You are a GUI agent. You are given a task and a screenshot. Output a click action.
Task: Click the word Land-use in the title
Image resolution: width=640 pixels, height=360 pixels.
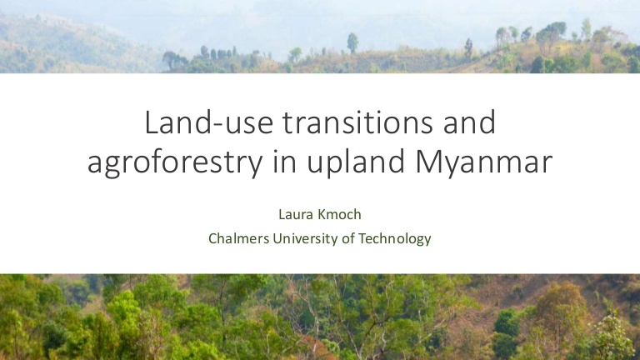coord(209,122)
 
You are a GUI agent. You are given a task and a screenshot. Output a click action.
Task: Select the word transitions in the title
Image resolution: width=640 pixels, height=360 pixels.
coord(357,122)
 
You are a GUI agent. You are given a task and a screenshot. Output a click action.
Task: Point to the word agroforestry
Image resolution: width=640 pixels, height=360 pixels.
coord(175,162)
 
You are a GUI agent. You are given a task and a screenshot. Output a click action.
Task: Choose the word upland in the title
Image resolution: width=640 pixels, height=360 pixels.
coord(356,162)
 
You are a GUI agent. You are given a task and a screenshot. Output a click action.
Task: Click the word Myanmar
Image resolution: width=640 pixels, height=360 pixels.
coord(484,162)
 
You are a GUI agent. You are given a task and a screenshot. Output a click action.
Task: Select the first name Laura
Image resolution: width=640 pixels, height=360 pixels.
coord(291,214)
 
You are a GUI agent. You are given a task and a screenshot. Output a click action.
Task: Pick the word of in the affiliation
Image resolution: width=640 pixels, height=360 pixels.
coord(348,238)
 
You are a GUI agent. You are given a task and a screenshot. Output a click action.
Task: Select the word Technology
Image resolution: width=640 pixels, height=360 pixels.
coord(394,239)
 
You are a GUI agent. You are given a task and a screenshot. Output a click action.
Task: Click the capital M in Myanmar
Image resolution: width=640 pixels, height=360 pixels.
coord(428,162)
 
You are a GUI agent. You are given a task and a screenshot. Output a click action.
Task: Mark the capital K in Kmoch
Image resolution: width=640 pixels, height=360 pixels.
coord(310,214)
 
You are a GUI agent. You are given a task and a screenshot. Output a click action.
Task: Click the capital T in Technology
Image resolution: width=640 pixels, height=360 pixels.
coord(362,238)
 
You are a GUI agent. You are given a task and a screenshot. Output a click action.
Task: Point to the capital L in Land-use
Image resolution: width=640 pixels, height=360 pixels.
coord(152,122)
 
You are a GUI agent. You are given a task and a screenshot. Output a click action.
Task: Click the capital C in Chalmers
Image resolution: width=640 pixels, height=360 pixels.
coord(212,238)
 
